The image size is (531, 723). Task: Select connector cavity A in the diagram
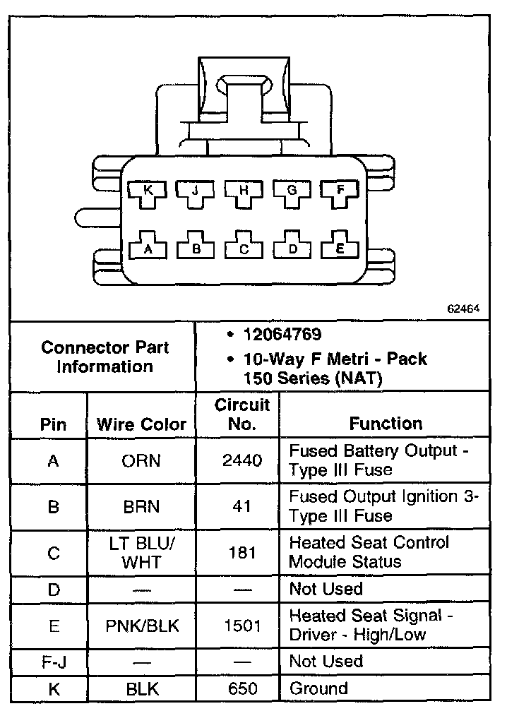(148, 248)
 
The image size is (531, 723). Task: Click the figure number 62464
(463, 309)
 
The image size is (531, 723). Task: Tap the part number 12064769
(282, 335)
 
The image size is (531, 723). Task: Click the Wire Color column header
(141, 424)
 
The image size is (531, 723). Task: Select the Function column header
(386, 424)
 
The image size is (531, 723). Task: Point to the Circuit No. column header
(242, 414)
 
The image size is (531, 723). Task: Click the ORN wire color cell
(141, 461)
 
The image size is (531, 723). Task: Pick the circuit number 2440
(242, 461)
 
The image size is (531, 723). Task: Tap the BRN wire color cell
(141, 507)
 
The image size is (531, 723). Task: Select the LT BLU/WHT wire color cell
(141, 553)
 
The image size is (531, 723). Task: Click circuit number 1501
(242, 626)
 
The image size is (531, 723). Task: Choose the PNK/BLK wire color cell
(141, 626)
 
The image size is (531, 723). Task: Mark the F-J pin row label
(53, 662)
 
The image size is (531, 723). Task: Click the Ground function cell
(318, 689)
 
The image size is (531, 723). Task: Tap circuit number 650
(242, 689)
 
